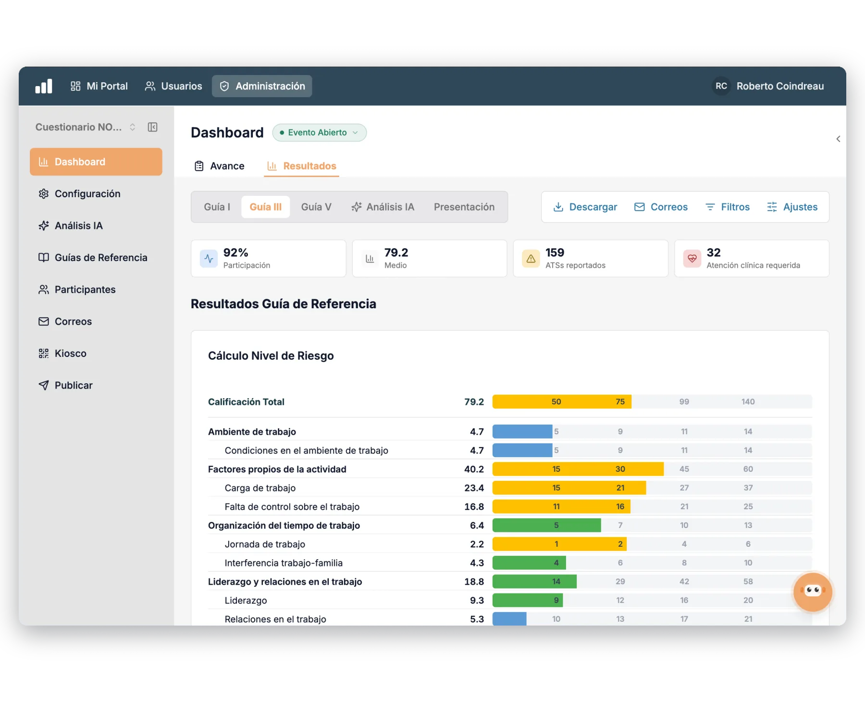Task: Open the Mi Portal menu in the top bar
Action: tap(99, 86)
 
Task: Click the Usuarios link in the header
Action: tap(173, 86)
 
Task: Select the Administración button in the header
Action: tap(262, 86)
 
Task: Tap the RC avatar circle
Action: tap(721, 86)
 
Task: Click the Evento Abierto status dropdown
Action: tap(320, 133)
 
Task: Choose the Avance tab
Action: tap(220, 166)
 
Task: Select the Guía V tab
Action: tap(316, 207)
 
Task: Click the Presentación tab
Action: tap(464, 207)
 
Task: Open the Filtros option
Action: tap(728, 207)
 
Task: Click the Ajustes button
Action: tap(792, 207)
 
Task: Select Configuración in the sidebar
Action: tap(79, 194)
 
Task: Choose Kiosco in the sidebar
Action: tap(62, 353)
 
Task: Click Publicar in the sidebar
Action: tap(65, 385)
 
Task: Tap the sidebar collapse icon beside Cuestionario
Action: tap(153, 127)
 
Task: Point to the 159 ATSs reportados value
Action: tap(555, 252)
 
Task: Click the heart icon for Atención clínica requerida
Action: tap(692, 259)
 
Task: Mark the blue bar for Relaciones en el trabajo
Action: tap(509, 619)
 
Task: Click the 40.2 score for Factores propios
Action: tap(474, 469)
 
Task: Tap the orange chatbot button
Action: tap(813, 591)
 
